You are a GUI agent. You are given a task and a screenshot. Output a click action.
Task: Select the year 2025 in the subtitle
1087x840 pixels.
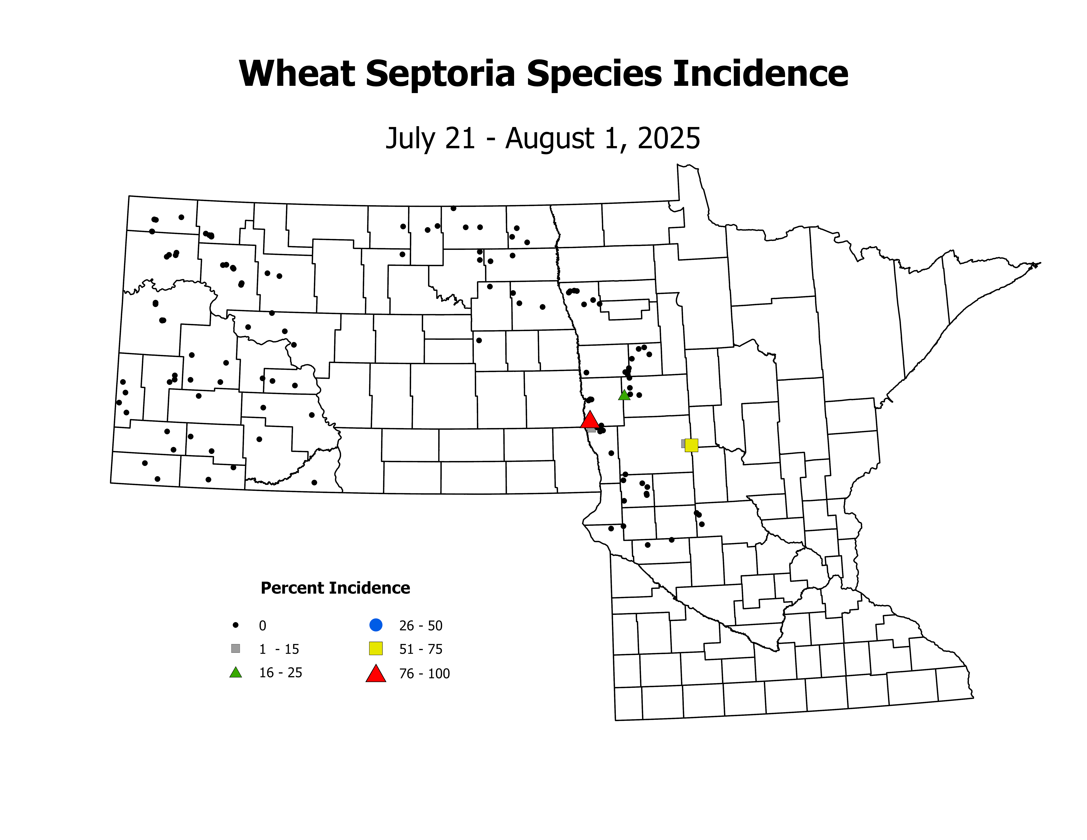click(669, 138)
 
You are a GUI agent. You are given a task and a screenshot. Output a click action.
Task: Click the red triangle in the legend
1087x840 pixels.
click(376, 674)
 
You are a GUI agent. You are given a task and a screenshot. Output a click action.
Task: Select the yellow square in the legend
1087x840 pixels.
click(376, 648)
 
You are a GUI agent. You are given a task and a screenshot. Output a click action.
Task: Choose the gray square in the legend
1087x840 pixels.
click(235, 648)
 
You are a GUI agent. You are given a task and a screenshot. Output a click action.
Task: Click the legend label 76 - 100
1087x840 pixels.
click(424, 674)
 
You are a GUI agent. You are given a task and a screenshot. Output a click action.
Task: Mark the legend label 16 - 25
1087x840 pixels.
click(280, 673)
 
